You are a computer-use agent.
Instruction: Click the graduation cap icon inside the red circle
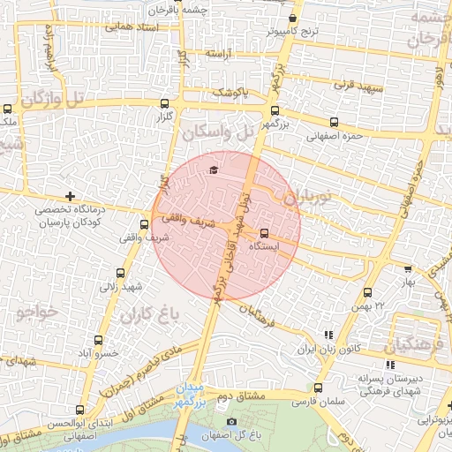tap(212, 170)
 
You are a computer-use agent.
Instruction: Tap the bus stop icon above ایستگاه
tap(264, 233)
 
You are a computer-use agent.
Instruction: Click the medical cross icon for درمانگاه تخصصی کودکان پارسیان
tap(70, 196)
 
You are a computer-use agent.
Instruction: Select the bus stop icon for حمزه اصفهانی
tap(334, 123)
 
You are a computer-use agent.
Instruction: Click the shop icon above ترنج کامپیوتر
tap(292, 17)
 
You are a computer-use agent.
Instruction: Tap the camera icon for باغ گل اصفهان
tap(231, 423)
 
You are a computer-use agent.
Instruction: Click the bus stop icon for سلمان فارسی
tap(318, 388)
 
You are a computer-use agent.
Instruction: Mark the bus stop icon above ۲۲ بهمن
tap(368, 292)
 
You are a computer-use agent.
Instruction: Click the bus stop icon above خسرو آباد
tap(96, 339)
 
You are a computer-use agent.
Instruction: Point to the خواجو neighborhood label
tap(36, 312)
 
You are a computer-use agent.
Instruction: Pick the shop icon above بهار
tap(407, 269)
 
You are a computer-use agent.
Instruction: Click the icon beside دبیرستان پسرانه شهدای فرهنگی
tap(390, 365)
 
